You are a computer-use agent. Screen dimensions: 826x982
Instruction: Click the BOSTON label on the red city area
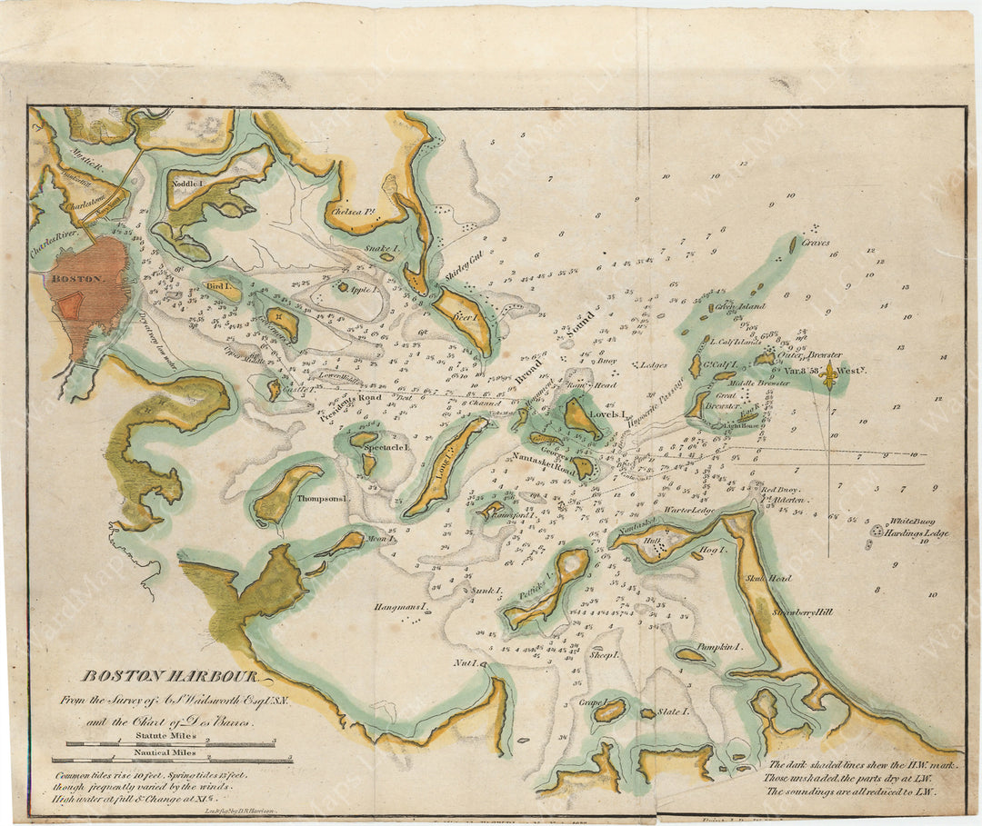pos(79,279)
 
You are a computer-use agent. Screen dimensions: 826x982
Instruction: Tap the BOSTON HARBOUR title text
pos(171,676)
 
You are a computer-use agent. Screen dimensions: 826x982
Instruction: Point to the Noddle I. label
pos(188,183)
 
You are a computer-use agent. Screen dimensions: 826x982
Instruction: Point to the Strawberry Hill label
pos(802,612)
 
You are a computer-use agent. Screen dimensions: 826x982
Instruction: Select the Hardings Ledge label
pos(919,533)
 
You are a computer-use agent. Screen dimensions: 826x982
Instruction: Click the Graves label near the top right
pos(816,243)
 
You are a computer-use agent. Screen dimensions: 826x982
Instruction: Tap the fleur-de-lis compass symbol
pos(827,380)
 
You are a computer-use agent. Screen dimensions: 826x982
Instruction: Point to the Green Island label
pos(741,307)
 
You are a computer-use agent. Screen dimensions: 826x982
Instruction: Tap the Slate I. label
pos(673,712)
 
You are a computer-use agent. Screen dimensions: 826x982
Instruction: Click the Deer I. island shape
pos(464,318)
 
